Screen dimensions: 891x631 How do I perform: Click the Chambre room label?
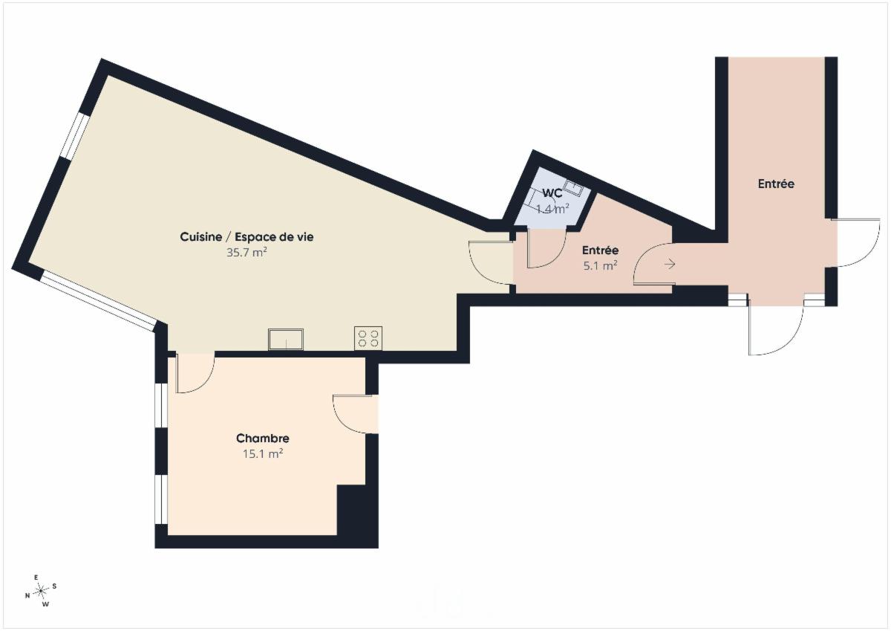tap(263, 439)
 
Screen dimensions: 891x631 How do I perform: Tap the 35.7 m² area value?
tap(247, 253)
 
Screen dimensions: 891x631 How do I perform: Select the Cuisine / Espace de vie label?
tap(247, 237)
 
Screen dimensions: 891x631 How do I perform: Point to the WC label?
tap(552, 193)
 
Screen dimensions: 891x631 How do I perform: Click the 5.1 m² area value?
tap(600, 265)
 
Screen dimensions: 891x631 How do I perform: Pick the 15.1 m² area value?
tap(263, 454)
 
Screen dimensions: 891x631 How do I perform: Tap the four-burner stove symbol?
tap(368, 338)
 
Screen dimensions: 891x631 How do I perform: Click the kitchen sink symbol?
tap(286, 339)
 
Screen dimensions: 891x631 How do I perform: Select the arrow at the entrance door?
tap(670, 264)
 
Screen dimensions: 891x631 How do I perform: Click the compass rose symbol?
tap(41, 591)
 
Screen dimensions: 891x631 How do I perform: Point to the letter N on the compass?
tap(27, 596)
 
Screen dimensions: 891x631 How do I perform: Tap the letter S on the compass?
tap(54, 586)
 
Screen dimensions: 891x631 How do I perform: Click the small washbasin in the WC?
tap(573, 187)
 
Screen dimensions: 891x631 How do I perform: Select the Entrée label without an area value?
tap(776, 184)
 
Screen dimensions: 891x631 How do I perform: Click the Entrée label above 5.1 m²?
tap(600, 250)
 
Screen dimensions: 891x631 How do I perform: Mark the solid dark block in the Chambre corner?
tap(352, 511)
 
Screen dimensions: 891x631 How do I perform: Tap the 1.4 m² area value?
tap(552, 209)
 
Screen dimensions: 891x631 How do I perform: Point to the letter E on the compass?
tap(36, 577)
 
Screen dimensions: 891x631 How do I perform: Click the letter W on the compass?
tap(46, 604)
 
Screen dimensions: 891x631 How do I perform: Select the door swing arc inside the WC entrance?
tap(555, 259)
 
